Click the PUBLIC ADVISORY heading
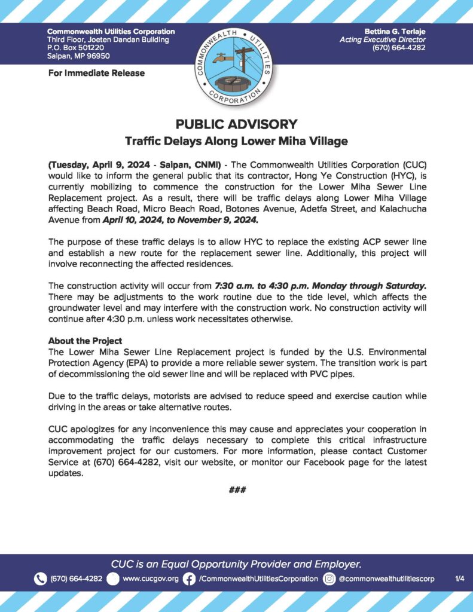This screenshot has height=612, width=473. [236, 124]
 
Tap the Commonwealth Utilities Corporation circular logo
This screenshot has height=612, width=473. [236, 67]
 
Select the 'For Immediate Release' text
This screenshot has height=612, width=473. [96, 74]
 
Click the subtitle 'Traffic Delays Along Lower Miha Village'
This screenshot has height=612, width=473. [236, 142]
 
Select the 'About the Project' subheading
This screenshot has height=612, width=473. [85, 341]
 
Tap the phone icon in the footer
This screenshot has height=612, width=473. [40, 579]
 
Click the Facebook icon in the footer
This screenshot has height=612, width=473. [189, 579]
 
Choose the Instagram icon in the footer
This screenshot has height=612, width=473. [329, 579]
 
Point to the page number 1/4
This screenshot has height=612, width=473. [460, 579]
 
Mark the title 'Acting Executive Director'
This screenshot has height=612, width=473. [382, 39]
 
